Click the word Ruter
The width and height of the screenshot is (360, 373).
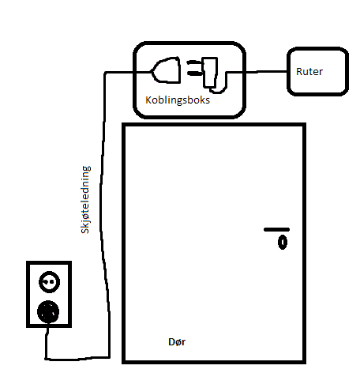point(309,72)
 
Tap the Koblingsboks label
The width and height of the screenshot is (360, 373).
point(178,100)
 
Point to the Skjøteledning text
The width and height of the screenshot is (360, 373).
point(85,200)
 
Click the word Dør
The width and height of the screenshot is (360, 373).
point(177,342)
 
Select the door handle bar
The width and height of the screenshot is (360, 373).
point(276,230)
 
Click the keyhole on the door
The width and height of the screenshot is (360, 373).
point(283,243)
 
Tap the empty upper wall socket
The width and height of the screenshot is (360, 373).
point(49,282)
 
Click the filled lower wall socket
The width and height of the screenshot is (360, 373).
point(48,312)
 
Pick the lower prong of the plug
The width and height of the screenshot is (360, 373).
point(194,73)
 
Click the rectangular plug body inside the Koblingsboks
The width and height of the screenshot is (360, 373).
point(210,72)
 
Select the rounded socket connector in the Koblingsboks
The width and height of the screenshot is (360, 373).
point(166,70)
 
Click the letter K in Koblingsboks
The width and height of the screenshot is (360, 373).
point(148,100)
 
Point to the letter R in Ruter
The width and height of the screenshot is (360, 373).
point(299,72)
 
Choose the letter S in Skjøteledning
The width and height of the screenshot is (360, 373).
point(85,230)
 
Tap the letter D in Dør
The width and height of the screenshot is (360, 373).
point(171,342)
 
